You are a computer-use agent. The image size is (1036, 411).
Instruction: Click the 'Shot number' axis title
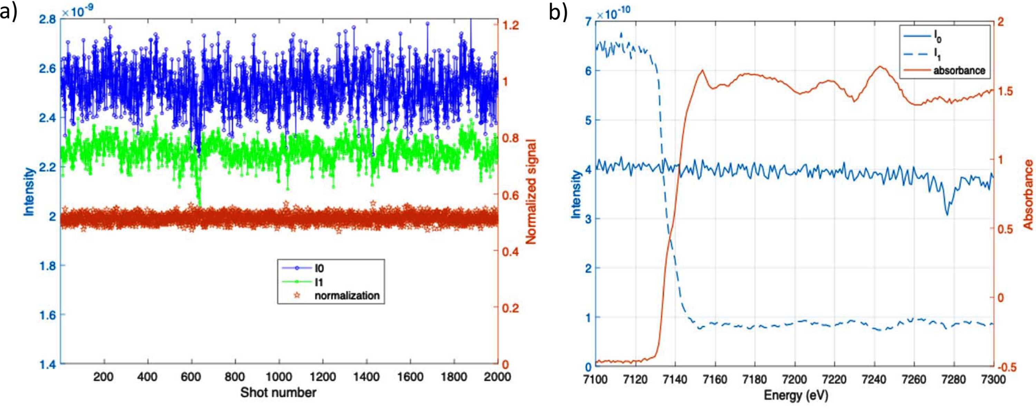click(x=278, y=392)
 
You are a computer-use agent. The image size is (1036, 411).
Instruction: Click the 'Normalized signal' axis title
click(x=531, y=191)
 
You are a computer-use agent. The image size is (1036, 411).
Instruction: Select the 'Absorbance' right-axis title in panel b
click(x=1028, y=194)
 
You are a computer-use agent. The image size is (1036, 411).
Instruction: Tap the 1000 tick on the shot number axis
click(x=279, y=377)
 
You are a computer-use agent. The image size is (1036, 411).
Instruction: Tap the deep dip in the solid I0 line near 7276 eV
click(x=947, y=215)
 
